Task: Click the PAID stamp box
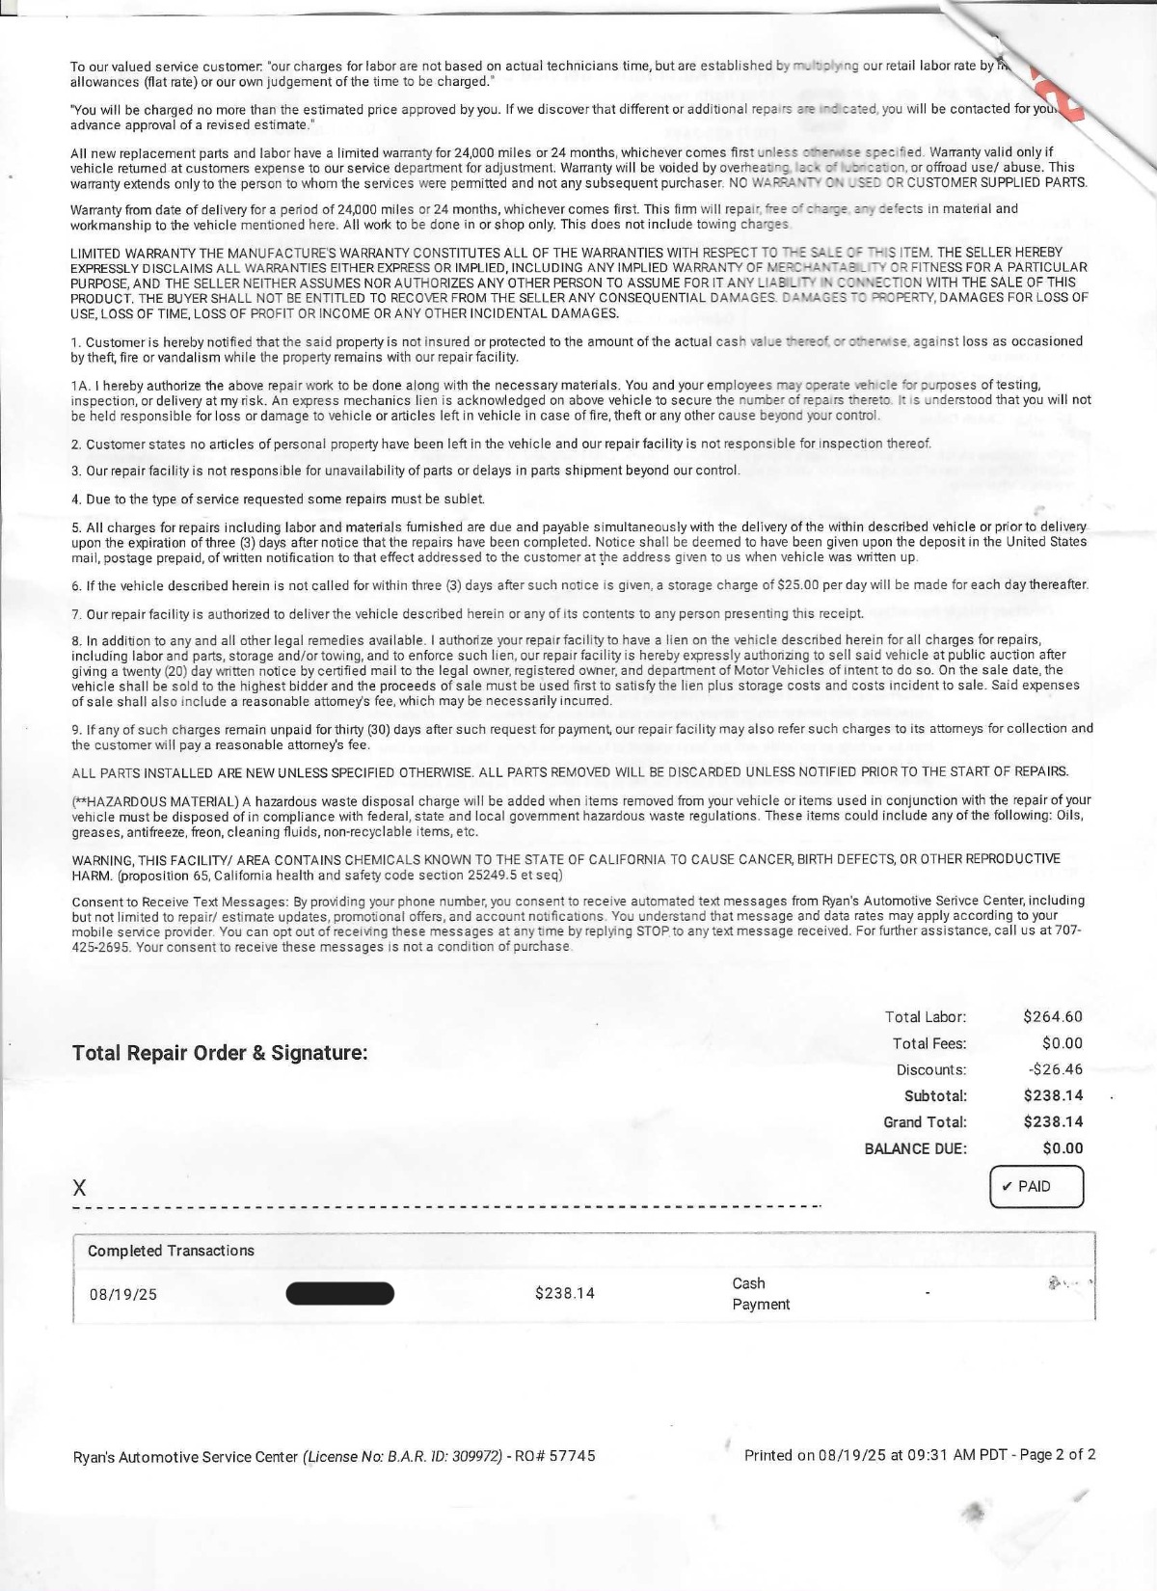click(1036, 1186)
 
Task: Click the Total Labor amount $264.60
click(1053, 1016)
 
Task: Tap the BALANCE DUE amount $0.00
click(1063, 1148)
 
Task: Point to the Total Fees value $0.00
click(1063, 1043)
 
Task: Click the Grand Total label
click(925, 1121)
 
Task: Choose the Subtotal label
click(935, 1095)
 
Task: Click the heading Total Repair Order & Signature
click(220, 1053)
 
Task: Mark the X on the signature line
click(79, 1189)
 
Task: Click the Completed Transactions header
click(171, 1251)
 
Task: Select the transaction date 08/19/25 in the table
click(122, 1294)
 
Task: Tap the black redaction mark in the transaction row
click(340, 1293)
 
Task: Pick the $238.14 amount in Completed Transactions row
click(564, 1293)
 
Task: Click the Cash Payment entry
click(760, 1293)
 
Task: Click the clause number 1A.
click(80, 385)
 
